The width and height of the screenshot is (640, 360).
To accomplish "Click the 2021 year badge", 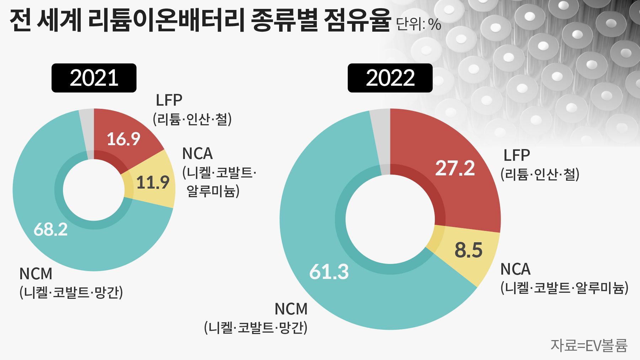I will (94, 78).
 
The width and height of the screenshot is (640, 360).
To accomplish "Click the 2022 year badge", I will (390, 78).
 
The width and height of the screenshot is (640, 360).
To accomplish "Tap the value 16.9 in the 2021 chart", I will (123, 139).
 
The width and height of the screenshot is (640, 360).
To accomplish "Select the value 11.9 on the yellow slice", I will (153, 182).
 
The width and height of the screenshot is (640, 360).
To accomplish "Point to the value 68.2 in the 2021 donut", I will (50, 229).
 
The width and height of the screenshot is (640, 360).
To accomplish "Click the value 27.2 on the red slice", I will (455, 168).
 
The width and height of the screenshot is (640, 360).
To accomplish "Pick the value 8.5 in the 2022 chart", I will (468, 250).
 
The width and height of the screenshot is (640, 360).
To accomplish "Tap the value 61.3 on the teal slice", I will (329, 272).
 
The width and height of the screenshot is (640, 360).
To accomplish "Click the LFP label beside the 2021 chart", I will (169, 100).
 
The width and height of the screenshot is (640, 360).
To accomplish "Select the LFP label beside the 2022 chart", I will (517, 155).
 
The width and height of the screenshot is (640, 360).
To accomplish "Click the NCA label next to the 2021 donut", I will (197, 154).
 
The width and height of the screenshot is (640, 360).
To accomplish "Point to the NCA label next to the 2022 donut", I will (515, 269).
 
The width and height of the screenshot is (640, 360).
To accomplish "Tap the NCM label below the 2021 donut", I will (36, 274).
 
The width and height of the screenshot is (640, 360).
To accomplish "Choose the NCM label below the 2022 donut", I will (291, 309).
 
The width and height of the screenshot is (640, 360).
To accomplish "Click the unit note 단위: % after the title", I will (418, 25).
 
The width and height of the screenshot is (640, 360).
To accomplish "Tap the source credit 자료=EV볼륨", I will (589, 345).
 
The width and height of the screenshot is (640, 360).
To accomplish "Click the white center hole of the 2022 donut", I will (390, 219).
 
